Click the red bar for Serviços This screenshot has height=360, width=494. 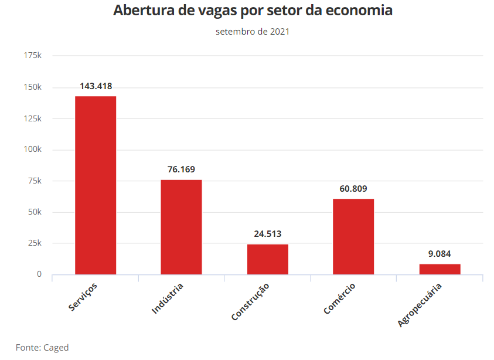tap(96, 185)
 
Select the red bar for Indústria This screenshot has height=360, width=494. tap(182, 227)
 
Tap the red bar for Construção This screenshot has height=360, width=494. tap(268, 259)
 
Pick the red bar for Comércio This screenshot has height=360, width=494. tap(353, 236)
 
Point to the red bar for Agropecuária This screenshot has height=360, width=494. tap(440, 269)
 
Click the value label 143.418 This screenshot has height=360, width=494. tap(96, 86)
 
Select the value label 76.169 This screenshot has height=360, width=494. tap(182, 169)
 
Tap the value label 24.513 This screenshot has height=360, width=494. tap(268, 233)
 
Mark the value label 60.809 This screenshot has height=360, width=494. tap(353, 189)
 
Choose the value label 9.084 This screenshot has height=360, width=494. tap(440, 253)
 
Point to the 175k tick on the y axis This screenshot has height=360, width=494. tap(32, 55)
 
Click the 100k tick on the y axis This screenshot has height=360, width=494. tap(32, 150)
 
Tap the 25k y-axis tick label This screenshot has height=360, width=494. tap(35, 243)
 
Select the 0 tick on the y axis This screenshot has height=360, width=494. tap(39, 274)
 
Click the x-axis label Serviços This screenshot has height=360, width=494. tap(83, 297)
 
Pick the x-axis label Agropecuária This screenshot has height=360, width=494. tap(419, 305)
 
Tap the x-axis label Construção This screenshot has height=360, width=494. tap(250, 301)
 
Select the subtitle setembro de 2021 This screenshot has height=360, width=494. tap(253, 32)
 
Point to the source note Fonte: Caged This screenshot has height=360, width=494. tap(42, 348)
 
